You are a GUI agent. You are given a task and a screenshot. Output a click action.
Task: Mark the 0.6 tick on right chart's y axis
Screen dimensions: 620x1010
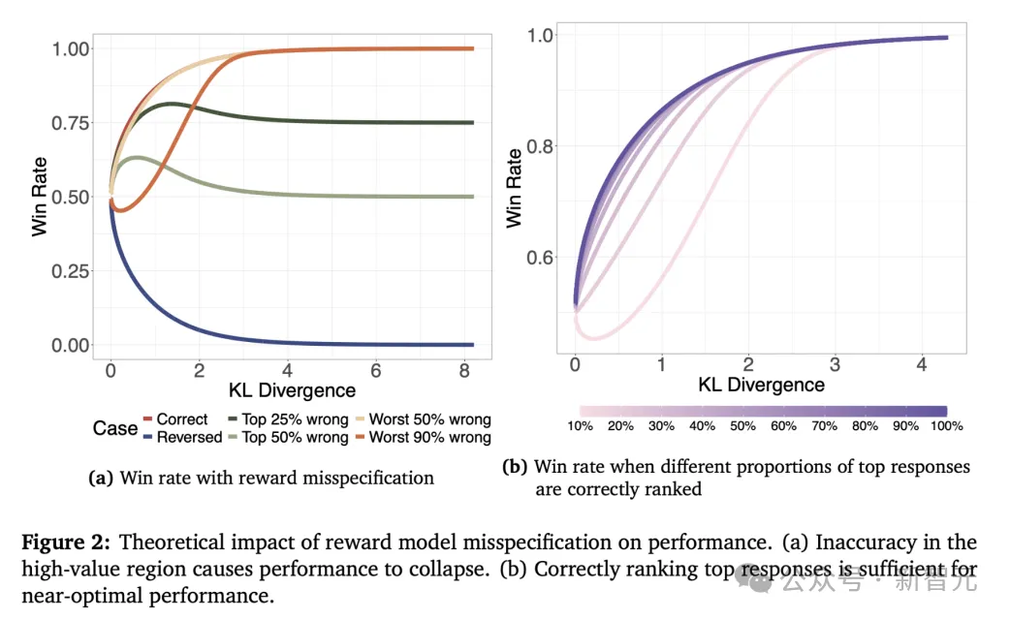(539, 258)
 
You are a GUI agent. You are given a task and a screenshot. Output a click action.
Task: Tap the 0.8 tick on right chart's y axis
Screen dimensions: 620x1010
(539, 146)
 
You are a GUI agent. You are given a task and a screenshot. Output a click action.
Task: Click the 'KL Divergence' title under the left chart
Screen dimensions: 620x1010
(292, 391)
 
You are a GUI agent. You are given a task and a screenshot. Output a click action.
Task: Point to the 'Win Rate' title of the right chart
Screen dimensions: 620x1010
(514, 188)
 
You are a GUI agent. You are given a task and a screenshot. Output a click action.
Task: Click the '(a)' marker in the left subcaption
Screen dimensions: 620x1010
(101, 478)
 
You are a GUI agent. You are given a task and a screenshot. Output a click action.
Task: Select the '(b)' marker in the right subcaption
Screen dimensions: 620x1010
(515, 467)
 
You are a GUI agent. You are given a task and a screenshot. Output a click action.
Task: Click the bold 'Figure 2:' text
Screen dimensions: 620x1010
(66, 542)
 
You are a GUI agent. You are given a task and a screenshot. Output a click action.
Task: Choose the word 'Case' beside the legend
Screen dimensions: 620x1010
(115, 428)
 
